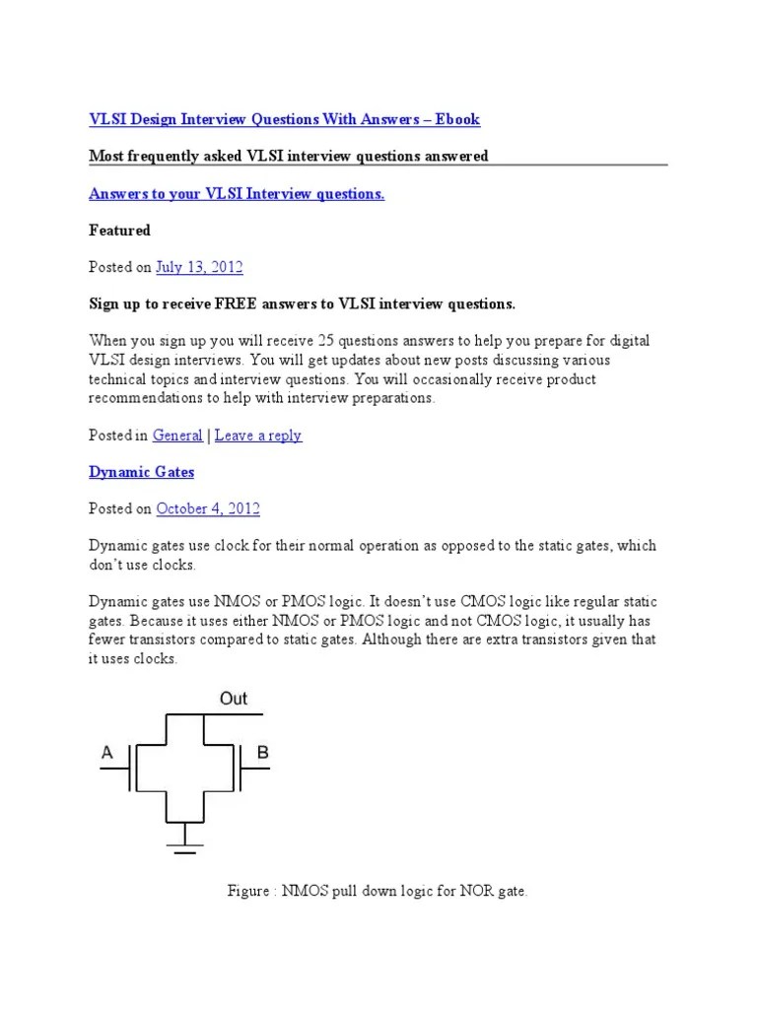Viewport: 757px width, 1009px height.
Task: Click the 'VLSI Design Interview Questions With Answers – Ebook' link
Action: [284, 119]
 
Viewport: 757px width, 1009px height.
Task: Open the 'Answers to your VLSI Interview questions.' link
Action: [237, 194]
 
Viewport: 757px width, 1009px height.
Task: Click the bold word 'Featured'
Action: [119, 231]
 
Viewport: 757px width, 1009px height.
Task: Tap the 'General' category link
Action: [177, 436]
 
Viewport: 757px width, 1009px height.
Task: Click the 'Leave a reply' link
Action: [258, 436]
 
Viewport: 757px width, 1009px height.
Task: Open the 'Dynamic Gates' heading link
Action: [141, 472]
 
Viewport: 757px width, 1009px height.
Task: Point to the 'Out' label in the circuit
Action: [234, 699]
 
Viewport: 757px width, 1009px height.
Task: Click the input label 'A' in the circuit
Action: [107, 754]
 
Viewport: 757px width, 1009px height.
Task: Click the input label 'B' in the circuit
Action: [262, 754]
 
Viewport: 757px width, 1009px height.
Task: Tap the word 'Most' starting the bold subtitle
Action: [106, 157]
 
